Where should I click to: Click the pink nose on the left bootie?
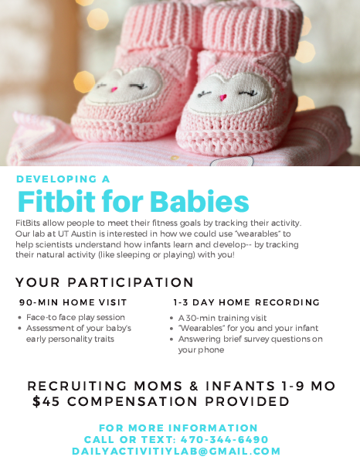pos(114,89)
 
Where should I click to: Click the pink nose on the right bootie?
pos(222,97)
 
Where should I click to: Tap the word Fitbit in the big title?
pos(56,201)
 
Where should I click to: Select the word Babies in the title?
pos(199,201)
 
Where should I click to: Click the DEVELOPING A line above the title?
pos(63,179)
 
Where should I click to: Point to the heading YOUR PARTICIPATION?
pos(105,282)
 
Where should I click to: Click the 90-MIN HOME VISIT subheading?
pos(73,302)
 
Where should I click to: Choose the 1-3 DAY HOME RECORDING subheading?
pos(246,302)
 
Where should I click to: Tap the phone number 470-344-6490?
pos(225,440)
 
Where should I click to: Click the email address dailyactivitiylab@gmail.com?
pos(176,451)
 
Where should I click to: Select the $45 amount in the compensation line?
pos(46,401)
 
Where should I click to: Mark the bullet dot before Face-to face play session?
pos(19,318)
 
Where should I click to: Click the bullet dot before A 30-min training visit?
pos(172,318)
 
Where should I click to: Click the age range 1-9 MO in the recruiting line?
pos(308,386)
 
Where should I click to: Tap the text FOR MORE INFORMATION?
pos(178,428)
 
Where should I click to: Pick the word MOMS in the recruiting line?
pos(158,386)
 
